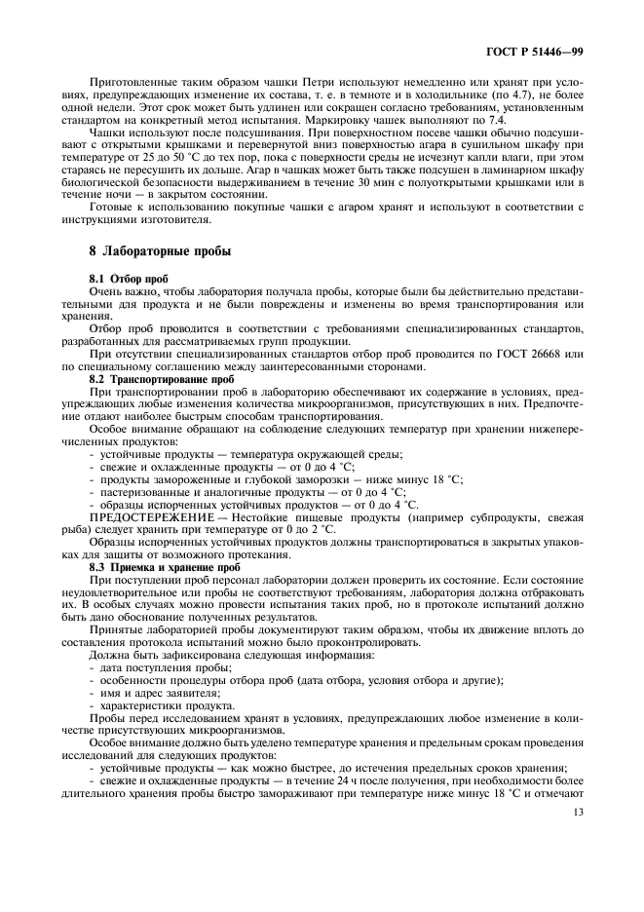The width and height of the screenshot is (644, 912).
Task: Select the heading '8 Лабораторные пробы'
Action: pyautogui.click(x=160, y=250)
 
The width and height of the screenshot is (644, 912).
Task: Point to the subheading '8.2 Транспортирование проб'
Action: pyautogui.click(x=162, y=378)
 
